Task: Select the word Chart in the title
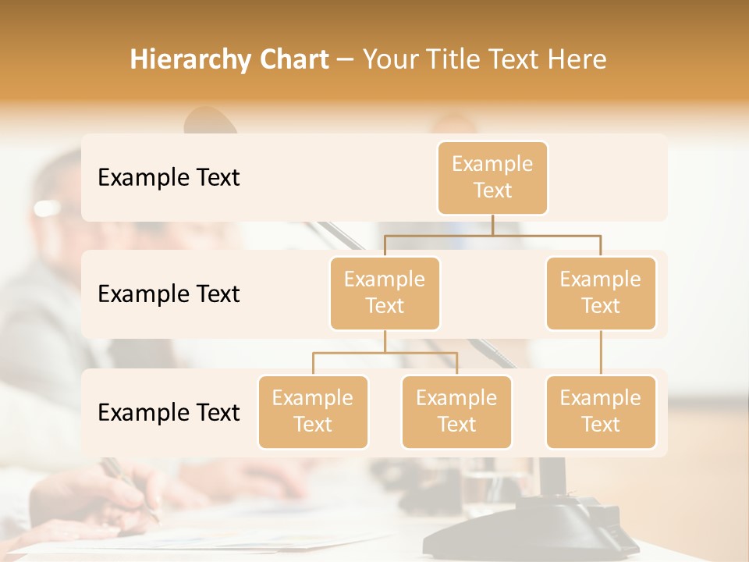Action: (293, 59)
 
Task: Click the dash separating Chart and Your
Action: (345, 60)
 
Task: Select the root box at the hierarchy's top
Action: (492, 177)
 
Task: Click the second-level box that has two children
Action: (385, 293)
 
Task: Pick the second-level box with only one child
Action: (601, 293)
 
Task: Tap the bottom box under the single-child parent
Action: (601, 411)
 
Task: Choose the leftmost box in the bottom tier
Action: (313, 411)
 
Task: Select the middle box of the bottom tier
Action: (456, 411)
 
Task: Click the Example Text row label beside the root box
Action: (169, 177)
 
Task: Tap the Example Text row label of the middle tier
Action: (169, 293)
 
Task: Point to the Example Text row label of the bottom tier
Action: (169, 412)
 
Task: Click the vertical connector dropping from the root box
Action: (492, 225)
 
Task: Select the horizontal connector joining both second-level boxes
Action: (492, 235)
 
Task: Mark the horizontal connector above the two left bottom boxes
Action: (385, 353)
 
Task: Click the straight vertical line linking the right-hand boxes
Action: (601, 353)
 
